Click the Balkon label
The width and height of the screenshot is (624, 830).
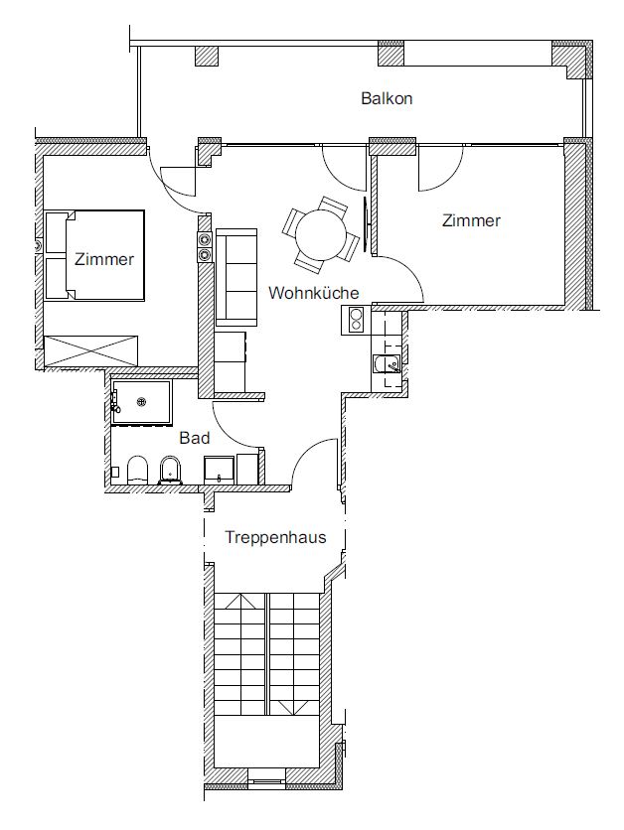[x=387, y=98]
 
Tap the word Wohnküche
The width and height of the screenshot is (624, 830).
[x=314, y=293]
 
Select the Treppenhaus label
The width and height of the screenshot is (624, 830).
[x=275, y=537]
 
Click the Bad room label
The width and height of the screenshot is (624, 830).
[x=195, y=438]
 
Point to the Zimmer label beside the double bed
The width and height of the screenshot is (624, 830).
[x=104, y=259]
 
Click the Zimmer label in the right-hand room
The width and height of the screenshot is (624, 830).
[x=471, y=220]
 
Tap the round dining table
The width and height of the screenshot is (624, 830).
[x=321, y=235]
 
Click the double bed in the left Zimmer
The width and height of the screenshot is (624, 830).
[x=94, y=256]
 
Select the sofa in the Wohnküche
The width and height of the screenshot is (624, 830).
[x=236, y=277]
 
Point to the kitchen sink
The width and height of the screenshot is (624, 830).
[x=388, y=363]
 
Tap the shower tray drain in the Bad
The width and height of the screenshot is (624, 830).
[x=141, y=402]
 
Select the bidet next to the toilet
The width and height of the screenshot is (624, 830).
[x=170, y=470]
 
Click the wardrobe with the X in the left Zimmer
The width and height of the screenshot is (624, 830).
[x=91, y=349]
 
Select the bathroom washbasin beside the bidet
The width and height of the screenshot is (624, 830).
[x=220, y=470]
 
